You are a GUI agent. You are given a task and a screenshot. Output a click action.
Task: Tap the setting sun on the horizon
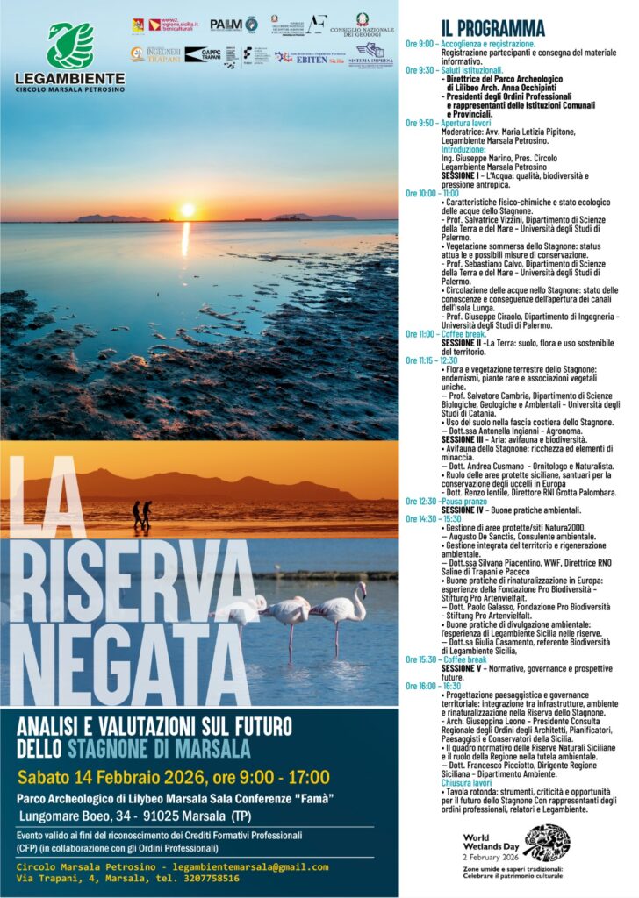click(186, 210)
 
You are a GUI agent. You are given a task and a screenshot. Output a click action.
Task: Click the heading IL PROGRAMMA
click(492, 28)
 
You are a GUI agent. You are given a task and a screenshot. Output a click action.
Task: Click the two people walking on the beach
click(140, 513)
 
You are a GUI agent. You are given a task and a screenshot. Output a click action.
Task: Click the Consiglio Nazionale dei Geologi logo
click(362, 25)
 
